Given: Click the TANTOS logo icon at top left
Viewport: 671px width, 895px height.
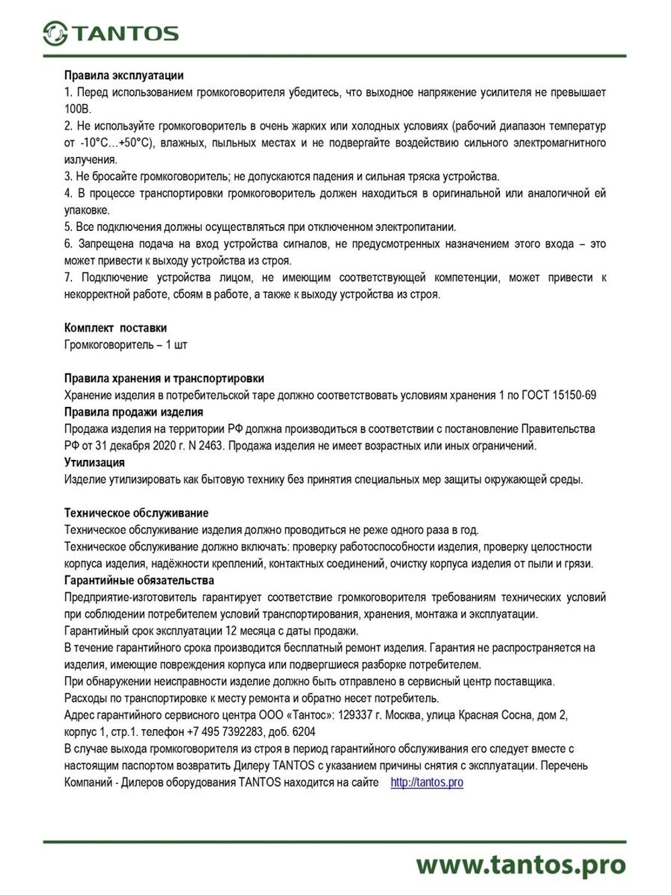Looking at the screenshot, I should (55, 33).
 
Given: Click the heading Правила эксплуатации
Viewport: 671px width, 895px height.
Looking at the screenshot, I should (123, 75).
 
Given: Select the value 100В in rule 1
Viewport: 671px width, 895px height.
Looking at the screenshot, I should (77, 109).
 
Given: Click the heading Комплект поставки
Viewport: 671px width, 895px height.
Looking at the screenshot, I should (115, 328).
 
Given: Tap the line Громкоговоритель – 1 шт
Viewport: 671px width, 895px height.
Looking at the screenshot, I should (125, 344).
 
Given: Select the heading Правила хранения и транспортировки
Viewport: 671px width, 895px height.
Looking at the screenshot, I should (164, 378).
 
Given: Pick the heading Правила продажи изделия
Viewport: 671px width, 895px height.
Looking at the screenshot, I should (134, 412).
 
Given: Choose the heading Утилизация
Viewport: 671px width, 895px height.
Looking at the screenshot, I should (95, 462).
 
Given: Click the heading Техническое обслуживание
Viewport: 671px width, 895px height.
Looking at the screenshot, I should (136, 512).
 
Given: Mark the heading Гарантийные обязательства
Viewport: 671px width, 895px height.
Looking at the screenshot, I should (139, 579).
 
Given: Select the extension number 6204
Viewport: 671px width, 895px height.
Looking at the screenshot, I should (304, 732).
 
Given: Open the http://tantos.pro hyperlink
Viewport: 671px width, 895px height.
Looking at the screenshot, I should (427, 782).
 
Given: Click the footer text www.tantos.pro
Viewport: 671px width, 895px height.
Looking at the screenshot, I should (520, 864).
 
